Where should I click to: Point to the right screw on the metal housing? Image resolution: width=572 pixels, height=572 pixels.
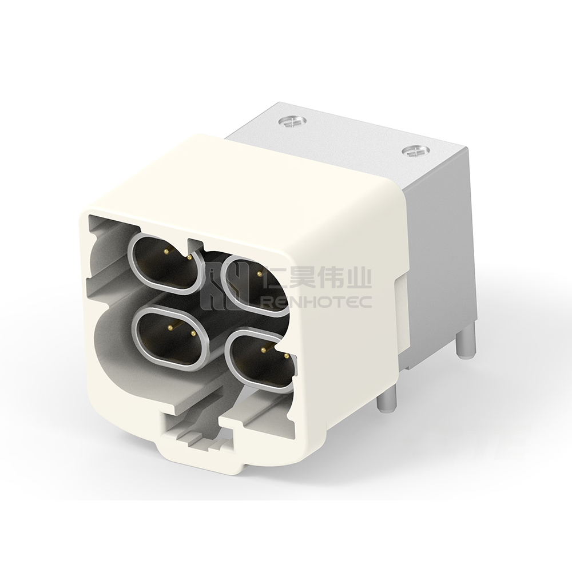click(x=416, y=151)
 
